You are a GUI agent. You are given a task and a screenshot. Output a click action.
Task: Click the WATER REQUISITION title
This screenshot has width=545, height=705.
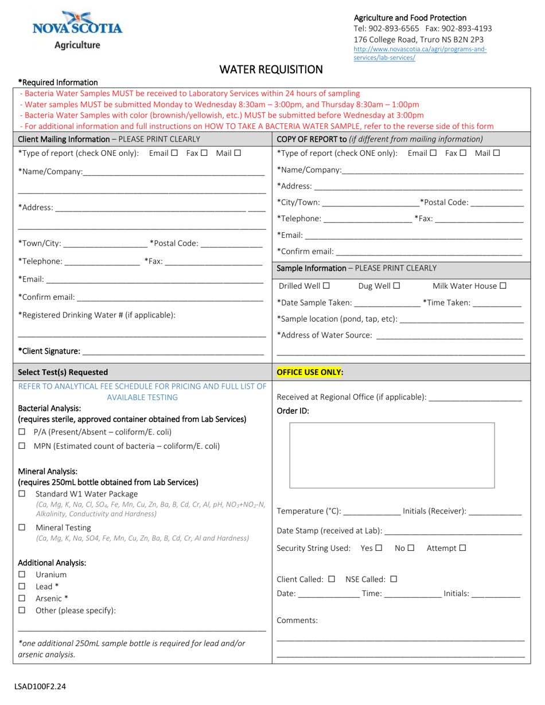pyautogui.click(x=271, y=69)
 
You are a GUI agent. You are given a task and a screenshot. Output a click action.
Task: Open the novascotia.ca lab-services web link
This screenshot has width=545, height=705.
pyautogui.click(x=420, y=53)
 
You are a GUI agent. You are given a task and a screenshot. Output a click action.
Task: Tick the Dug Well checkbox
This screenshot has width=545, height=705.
pyautogui.click(x=396, y=285)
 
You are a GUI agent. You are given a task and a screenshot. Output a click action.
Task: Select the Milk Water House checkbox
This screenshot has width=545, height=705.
pyautogui.click(x=503, y=285)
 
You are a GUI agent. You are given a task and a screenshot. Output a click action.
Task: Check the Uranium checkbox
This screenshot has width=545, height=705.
pyautogui.click(x=22, y=574)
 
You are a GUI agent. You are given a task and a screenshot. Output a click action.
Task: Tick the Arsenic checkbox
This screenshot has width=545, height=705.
pyautogui.click(x=22, y=598)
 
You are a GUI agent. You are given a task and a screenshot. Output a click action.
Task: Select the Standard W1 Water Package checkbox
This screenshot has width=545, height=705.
pyautogui.click(x=22, y=493)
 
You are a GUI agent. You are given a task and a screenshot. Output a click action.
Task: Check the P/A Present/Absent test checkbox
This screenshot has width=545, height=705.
pyautogui.click(x=22, y=432)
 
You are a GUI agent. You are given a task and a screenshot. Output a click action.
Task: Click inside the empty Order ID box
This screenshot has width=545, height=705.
pyautogui.click(x=392, y=455)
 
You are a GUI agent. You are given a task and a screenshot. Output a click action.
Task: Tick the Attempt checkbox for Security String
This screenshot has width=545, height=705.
pyautogui.click(x=463, y=548)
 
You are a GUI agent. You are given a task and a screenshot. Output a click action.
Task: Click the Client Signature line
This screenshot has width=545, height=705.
pyautogui.click(x=172, y=351)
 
